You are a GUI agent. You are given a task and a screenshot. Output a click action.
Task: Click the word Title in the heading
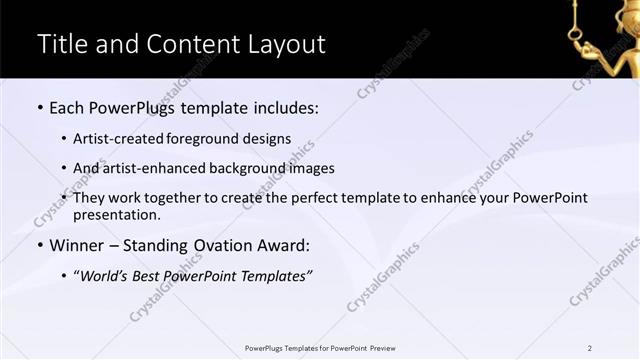tap(62, 44)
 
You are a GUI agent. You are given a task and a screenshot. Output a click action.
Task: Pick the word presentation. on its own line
tap(116, 214)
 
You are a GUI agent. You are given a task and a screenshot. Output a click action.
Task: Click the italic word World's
tap(104, 276)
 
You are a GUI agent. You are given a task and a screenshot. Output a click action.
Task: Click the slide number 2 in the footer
tap(590, 348)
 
